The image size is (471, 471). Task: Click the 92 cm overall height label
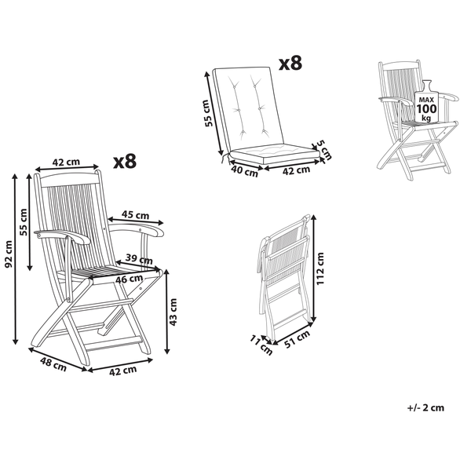(x=9, y=254)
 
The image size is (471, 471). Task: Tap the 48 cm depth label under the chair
(x=53, y=365)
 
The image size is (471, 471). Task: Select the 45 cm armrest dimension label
(x=135, y=215)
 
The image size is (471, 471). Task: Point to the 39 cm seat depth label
(x=139, y=259)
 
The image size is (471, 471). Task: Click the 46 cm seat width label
(x=130, y=279)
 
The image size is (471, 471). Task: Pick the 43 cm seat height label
(x=173, y=312)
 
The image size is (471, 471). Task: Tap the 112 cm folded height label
(x=320, y=268)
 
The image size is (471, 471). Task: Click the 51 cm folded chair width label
(x=297, y=339)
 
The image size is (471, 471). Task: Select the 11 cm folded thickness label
(x=261, y=345)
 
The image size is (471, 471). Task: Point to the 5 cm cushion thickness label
(x=325, y=150)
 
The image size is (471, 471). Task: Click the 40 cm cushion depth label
(x=244, y=171)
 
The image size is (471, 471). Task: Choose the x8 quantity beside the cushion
(x=290, y=63)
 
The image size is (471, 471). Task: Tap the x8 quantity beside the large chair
(x=125, y=161)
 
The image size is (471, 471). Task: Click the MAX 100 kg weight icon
(x=426, y=101)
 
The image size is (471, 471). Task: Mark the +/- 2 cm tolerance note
(x=425, y=407)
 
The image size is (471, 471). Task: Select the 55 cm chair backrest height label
(x=24, y=221)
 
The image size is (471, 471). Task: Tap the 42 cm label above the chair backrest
(x=66, y=162)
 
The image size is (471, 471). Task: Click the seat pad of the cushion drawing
(x=274, y=153)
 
